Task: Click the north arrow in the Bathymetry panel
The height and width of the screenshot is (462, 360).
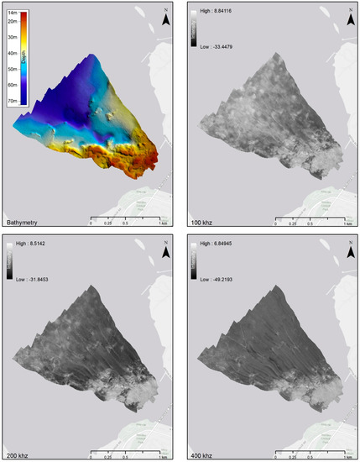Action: [x=167, y=17]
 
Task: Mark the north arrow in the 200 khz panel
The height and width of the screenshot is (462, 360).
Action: [x=167, y=248]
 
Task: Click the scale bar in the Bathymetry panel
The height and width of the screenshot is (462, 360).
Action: [x=126, y=222]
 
